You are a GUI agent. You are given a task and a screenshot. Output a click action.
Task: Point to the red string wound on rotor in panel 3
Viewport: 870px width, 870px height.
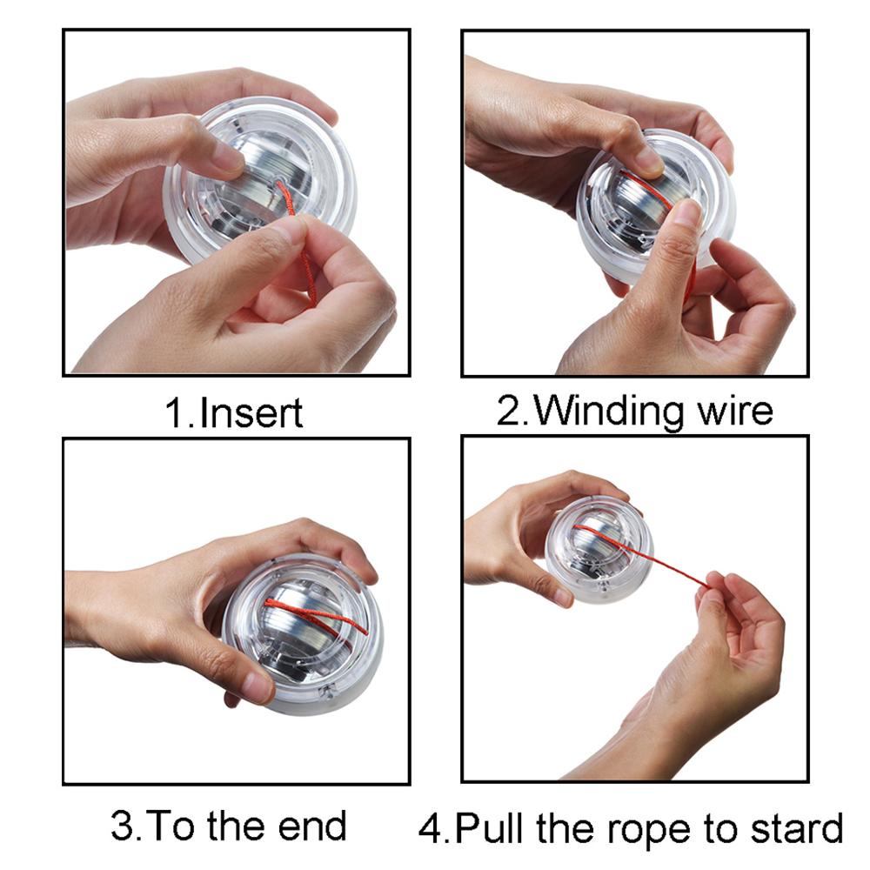[x=300, y=609]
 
